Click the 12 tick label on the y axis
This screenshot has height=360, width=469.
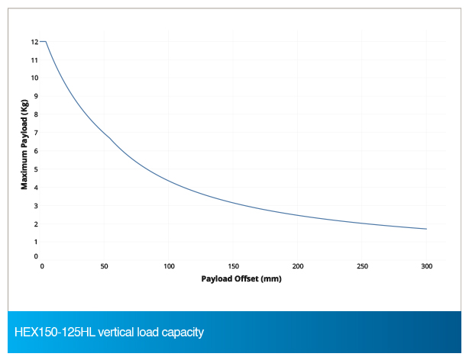(x=34, y=41)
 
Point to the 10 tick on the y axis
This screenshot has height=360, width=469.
(x=34, y=78)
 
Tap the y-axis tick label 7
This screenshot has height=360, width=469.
(x=35, y=133)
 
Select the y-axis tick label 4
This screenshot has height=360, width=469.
(x=35, y=188)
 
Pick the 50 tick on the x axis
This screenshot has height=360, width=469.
(x=105, y=266)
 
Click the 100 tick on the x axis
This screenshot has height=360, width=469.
(x=170, y=266)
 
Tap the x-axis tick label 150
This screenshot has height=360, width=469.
(x=234, y=266)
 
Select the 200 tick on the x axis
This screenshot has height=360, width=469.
(x=298, y=266)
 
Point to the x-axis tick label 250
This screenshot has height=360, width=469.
(x=362, y=266)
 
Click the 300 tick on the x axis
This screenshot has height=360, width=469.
(x=426, y=266)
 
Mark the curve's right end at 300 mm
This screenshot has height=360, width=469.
(x=426, y=229)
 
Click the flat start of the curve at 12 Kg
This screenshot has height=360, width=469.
(x=44, y=41)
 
